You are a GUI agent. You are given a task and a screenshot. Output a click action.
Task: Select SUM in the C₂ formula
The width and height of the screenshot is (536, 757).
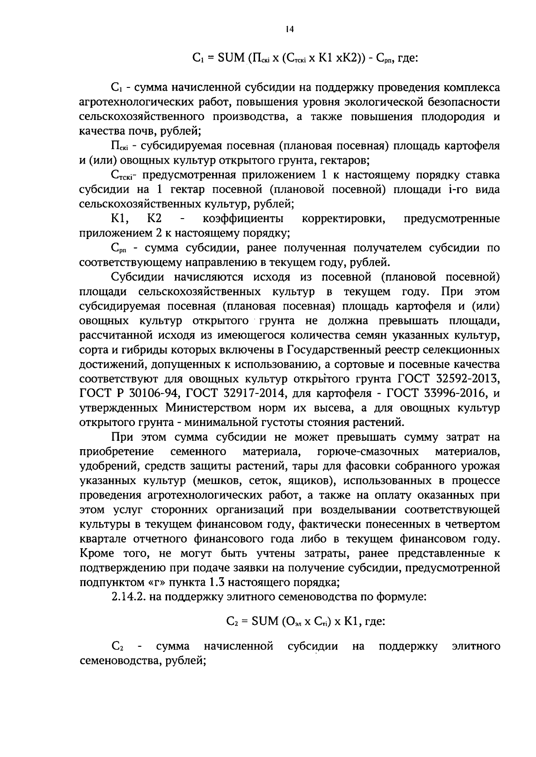pos(265,621)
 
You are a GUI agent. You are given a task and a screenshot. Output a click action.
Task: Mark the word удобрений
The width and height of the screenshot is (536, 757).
pos(105,466)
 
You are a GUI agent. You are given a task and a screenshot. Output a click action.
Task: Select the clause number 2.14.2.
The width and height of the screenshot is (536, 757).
pos(128,597)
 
